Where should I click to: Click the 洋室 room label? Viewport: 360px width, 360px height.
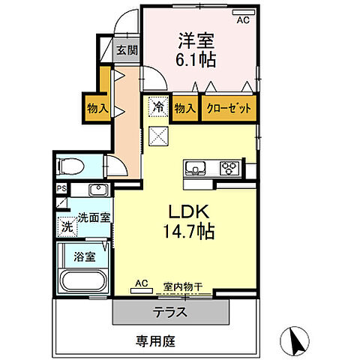[x=198, y=36]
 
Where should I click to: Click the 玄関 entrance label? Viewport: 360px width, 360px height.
[x=127, y=51]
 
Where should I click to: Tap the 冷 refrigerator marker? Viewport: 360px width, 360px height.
[x=158, y=108]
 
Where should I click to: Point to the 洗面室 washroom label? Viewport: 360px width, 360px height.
[x=90, y=219]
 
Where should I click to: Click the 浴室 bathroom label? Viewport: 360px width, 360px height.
[x=83, y=256]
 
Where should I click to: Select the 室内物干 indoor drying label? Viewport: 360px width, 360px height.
[x=184, y=285]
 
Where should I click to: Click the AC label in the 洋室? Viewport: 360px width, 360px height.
[x=242, y=20]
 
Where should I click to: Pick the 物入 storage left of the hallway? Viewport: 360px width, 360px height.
[x=97, y=108]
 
